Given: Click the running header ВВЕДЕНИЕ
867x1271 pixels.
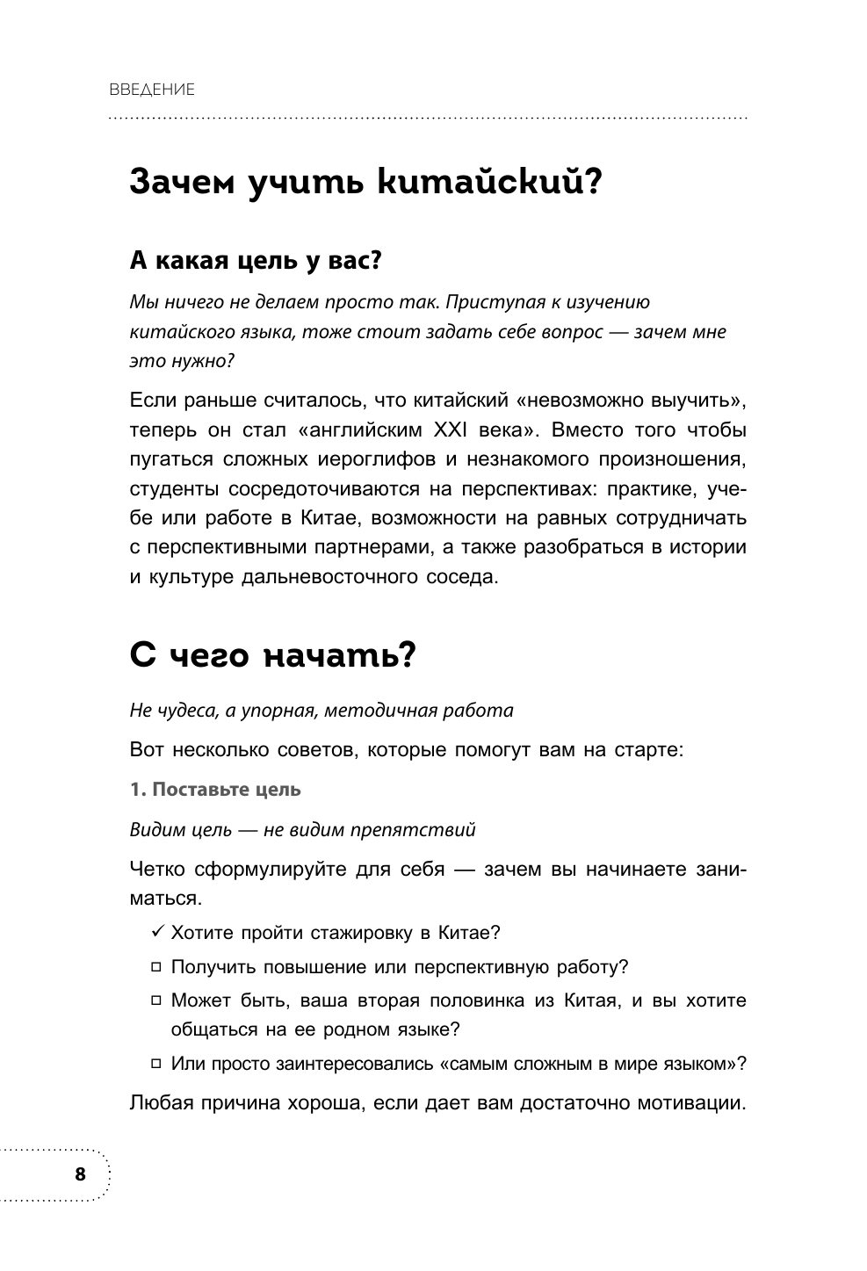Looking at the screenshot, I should pos(152,90).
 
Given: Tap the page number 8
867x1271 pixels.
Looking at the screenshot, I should pos(81,1174).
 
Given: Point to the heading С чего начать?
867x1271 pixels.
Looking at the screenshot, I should pos(271,656).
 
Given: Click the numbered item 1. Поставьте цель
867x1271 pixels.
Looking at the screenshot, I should pos(215,789).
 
